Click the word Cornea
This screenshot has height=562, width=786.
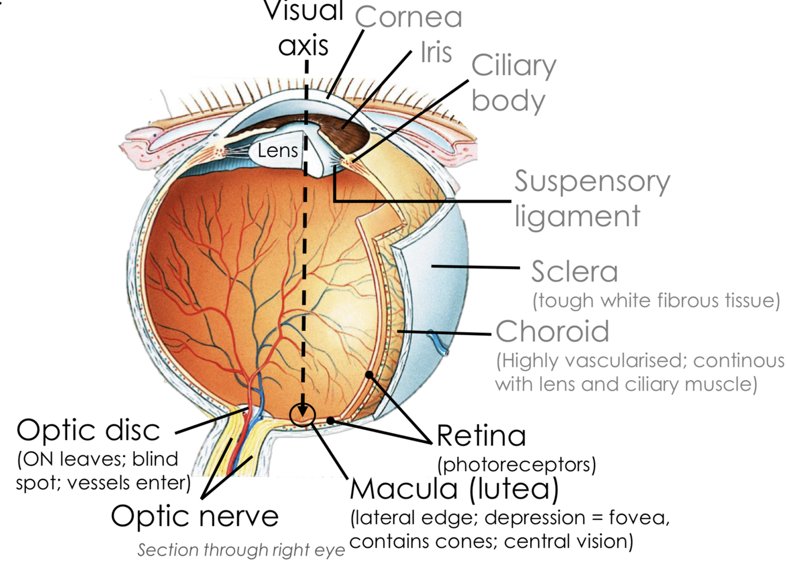point(408,18)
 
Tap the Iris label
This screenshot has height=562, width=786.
point(436,52)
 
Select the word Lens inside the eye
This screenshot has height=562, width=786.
point(278,151)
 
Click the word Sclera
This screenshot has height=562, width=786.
point(574,272)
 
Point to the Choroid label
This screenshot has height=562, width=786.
point(552,332)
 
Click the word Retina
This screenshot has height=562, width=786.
point(481,436)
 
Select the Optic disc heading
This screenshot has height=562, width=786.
point(88,430)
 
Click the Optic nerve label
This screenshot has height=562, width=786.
point(194,516)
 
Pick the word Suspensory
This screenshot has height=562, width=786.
point(592,181)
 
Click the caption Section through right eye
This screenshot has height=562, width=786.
point(241,550)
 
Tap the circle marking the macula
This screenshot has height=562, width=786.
point(303,415)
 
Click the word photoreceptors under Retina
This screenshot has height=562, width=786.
point(517,465)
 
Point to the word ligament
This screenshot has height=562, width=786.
point(577,216)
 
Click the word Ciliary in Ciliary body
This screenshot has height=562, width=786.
point(513,65)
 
